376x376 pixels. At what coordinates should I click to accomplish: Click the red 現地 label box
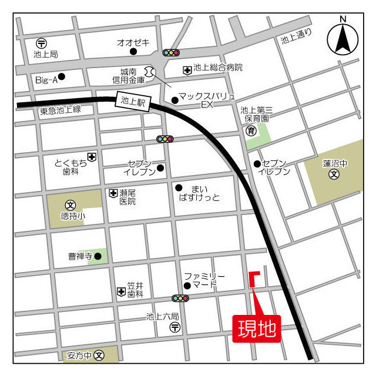pos(257,328)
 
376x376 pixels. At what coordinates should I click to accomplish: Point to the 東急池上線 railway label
pos(61,109)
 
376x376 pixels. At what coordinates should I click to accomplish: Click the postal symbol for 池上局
pos(41,43)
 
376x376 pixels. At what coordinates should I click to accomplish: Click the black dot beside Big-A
pos(61,76)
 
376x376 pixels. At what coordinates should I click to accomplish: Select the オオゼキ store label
pos(133,42)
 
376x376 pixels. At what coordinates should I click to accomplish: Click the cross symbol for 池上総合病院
pos(187,69)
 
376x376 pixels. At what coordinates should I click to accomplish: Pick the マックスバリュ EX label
pos(206,99)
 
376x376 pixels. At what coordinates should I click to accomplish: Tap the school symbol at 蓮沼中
pos(334,174)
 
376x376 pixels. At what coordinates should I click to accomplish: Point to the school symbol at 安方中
pos(99,355)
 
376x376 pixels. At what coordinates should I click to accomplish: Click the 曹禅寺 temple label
pos(80,256)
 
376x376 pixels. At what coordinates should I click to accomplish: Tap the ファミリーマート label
pos(204,280)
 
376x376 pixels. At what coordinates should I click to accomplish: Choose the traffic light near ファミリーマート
pos(180,298)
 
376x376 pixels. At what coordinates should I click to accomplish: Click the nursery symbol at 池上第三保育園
pos(251,130)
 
